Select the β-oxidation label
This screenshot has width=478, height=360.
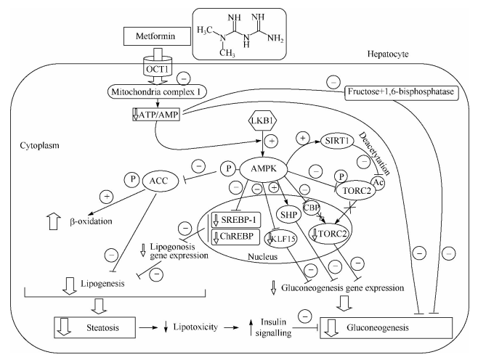coord(81,218)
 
